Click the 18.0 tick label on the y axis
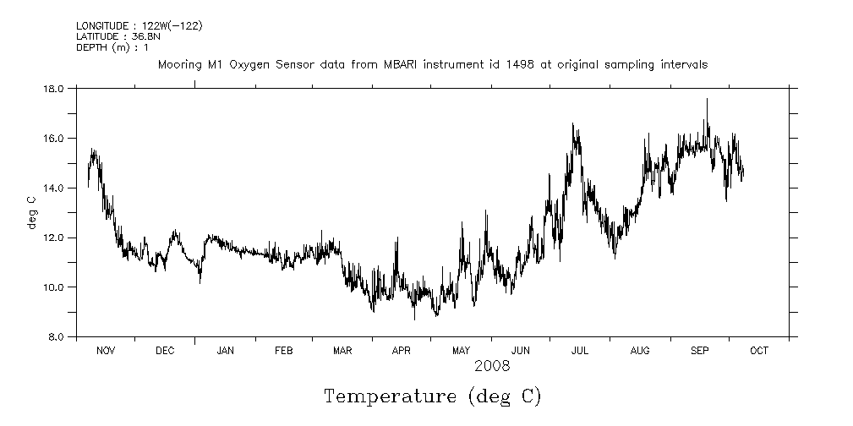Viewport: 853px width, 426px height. coord(54,88)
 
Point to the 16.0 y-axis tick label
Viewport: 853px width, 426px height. coord(54,138)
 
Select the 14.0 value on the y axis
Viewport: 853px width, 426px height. coord(54,188)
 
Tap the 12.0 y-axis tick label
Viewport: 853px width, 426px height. coord(54,238)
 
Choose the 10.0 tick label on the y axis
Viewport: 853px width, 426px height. coord(54,287)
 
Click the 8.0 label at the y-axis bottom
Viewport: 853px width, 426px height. coord(57,337)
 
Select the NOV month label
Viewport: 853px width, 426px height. coord(106,351)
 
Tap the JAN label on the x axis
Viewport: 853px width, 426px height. coord(225,351)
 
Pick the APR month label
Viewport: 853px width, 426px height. coord(401,351)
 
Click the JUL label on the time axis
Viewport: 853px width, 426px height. coord(580,351)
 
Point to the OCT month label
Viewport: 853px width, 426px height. coord(759,351)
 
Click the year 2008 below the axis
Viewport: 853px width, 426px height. coord(491,367)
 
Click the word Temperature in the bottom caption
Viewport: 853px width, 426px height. coord(386,396)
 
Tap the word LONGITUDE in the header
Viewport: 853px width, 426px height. coord(101,26)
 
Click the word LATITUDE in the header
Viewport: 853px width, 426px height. coord(97,36)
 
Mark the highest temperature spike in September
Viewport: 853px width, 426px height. coord(707,100)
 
